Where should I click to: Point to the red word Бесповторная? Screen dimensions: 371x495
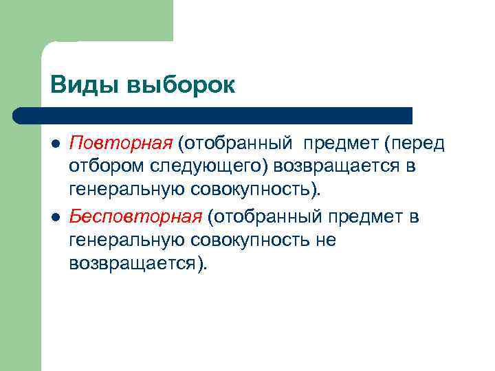point(136,217)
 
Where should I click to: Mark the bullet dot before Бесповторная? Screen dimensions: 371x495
point(56,218)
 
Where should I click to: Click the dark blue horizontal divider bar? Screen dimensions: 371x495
point(213,115)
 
